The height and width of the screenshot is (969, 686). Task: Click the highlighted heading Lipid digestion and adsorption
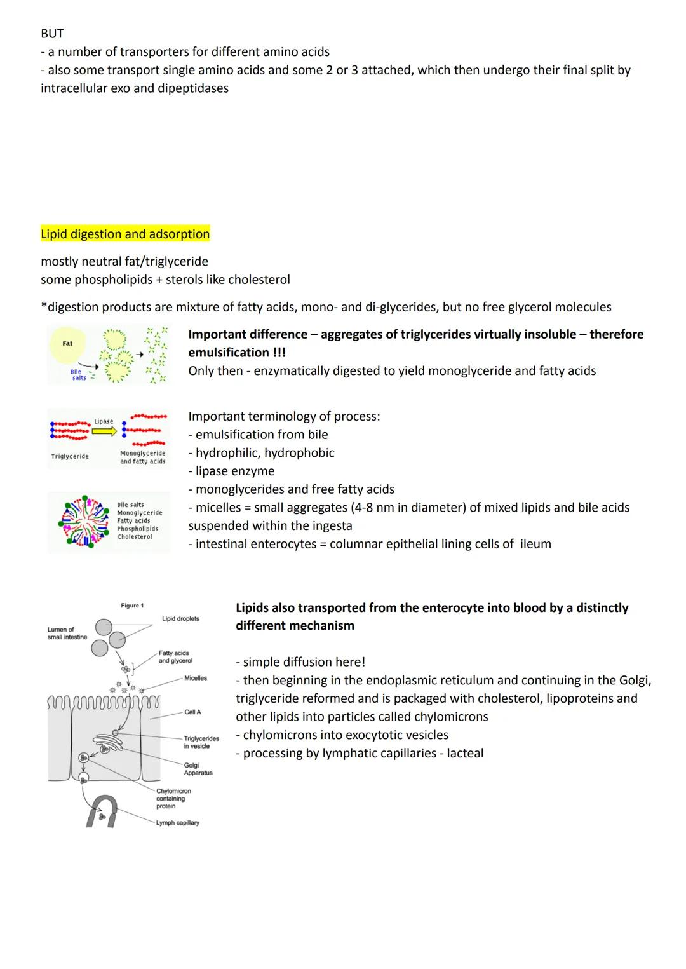[x=125, y=234]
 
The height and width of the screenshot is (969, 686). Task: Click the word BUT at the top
[x=52, y=33]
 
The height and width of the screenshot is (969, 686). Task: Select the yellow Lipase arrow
[x=104, y=431]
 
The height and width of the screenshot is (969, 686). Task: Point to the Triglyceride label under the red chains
[x=70, y=456]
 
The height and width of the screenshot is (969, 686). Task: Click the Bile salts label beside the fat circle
[x=77, y=375]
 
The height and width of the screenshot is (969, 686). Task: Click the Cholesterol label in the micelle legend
[x=135, y=537]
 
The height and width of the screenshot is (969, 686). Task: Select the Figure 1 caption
[x=132, y=606]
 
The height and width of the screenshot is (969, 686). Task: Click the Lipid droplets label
[x=180, y=618]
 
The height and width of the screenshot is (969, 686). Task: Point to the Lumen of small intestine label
[x=67, y=633]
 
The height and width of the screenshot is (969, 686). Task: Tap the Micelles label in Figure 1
[x=196, y=678]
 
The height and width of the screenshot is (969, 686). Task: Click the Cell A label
[x=192, y=712]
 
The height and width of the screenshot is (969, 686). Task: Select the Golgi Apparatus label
[x=198, y=769]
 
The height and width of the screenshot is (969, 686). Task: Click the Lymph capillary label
[x=177, y=823]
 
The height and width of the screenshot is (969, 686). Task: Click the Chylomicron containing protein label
[x=173, y=799]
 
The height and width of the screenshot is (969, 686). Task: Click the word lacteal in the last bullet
[x=465, y=753]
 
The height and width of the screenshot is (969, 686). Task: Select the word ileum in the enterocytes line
[x=534, y=544]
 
